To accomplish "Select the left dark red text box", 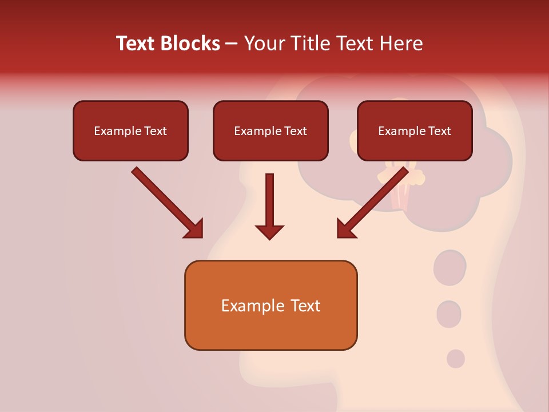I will tap(130, 130).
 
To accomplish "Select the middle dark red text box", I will tap(270, 130).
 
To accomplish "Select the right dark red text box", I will tap(415, 130).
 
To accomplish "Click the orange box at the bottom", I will tap(270, 305).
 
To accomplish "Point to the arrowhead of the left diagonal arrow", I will tap(194, 229).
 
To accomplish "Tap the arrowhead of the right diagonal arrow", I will tap(345, 229).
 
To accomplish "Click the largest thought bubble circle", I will tap(450, 267).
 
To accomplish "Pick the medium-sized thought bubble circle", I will tap(449, 314).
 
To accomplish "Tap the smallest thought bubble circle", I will tap(456, 359).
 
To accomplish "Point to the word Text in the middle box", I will tap(296, 131).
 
